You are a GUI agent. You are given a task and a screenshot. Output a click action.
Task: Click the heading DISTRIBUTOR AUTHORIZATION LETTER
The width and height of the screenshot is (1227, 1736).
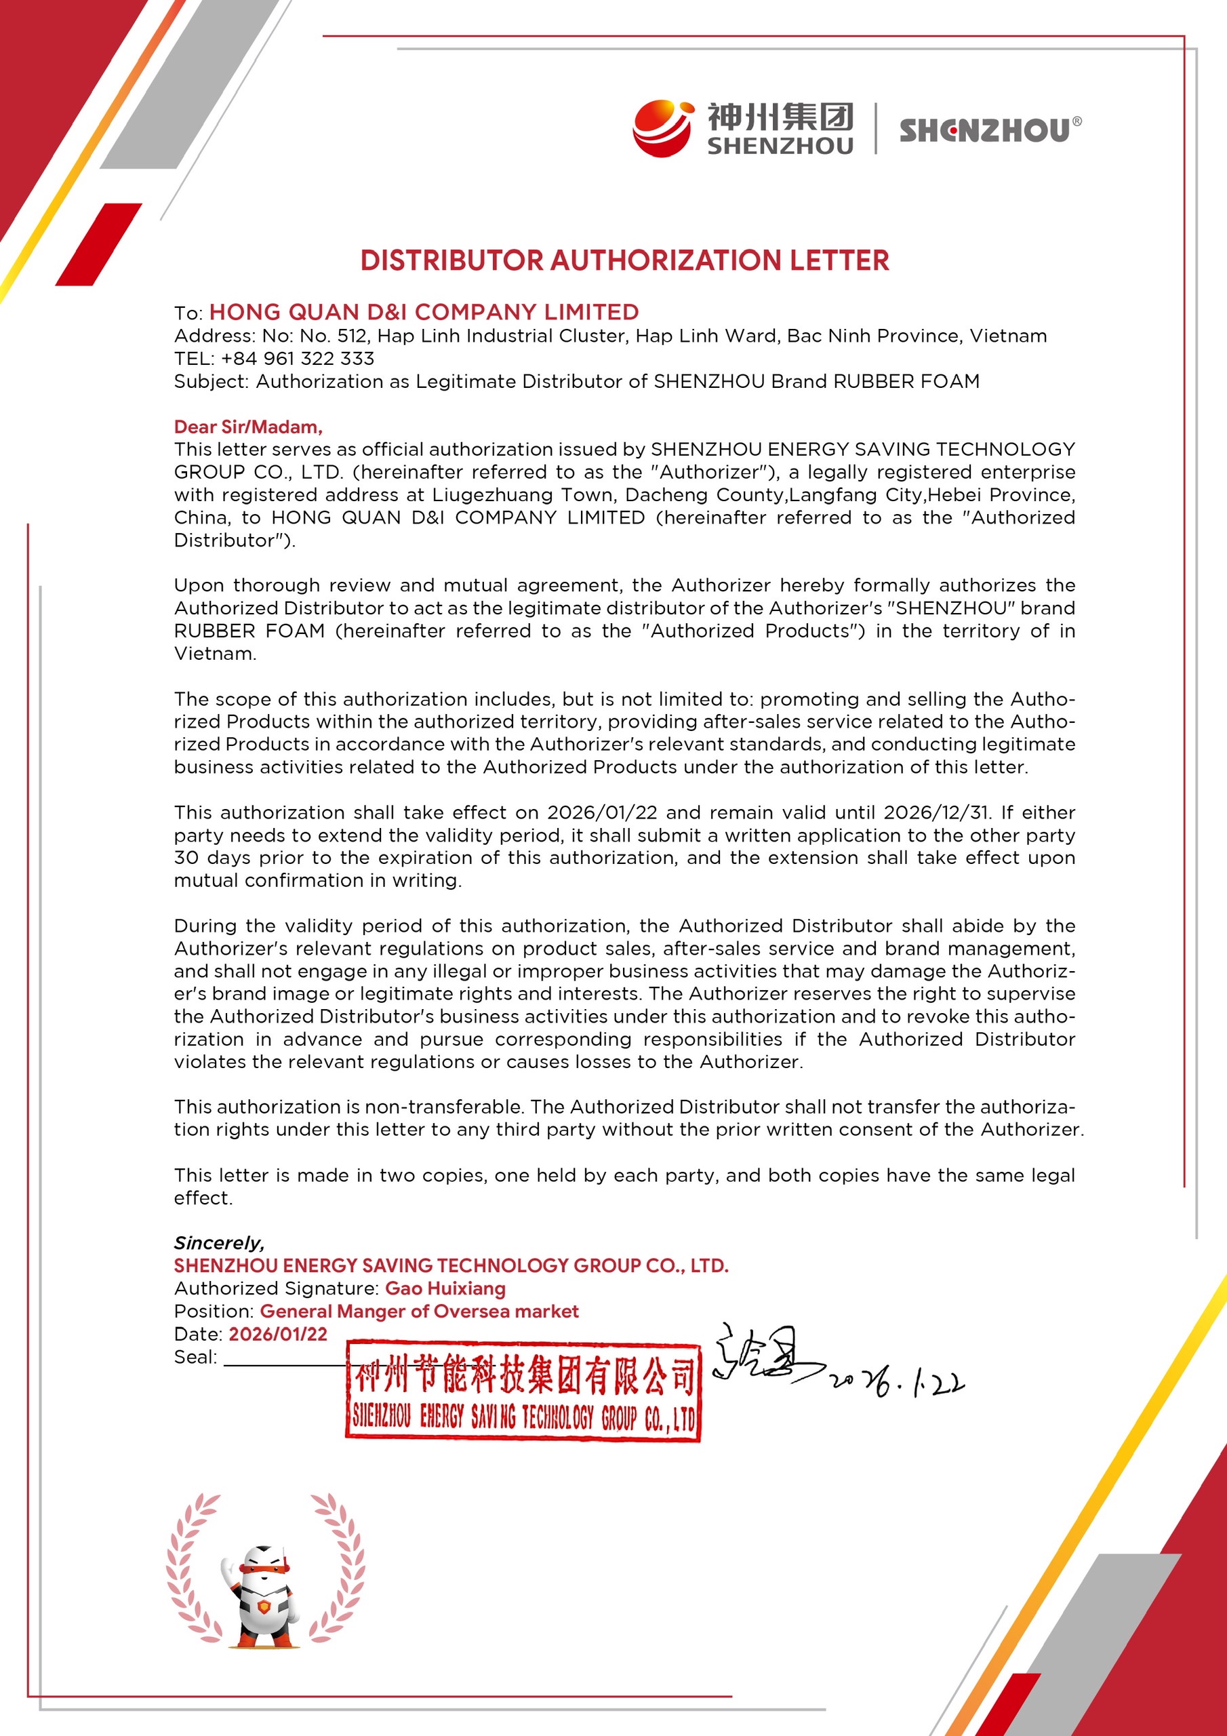click(x=624, y=260)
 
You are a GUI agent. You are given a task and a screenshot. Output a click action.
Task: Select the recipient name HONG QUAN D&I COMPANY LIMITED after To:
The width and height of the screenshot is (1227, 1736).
click(x=424, y=311)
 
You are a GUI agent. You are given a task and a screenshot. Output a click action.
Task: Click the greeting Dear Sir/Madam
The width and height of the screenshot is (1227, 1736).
click(x=248, y=427)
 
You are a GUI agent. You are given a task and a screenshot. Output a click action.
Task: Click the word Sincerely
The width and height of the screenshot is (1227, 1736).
click(x=219, y=1242)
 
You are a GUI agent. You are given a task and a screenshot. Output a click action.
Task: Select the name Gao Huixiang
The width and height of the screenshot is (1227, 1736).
click(x=445, y=1288)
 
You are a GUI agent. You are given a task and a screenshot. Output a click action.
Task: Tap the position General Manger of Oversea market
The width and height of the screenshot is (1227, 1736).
click(x=420, y=1310)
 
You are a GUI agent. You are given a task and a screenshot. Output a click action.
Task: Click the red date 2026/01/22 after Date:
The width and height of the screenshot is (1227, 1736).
click(x=278, y=1333)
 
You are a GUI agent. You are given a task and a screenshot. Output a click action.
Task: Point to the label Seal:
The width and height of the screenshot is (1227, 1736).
click(x=195, y=1356)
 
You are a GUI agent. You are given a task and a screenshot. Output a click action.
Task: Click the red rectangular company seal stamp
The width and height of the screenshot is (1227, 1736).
click(x=523, y=1392)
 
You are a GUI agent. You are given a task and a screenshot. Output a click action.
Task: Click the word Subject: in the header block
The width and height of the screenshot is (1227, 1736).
click(x=211, y=381)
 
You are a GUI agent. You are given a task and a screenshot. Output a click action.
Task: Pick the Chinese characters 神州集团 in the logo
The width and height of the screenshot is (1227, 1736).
click(x=780, y=117)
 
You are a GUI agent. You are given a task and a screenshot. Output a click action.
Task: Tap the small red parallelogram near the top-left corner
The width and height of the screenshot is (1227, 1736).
click(x=99, y=244)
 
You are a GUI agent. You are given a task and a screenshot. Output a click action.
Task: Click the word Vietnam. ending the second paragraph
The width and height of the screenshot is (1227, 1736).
click(x=216, y=653)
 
